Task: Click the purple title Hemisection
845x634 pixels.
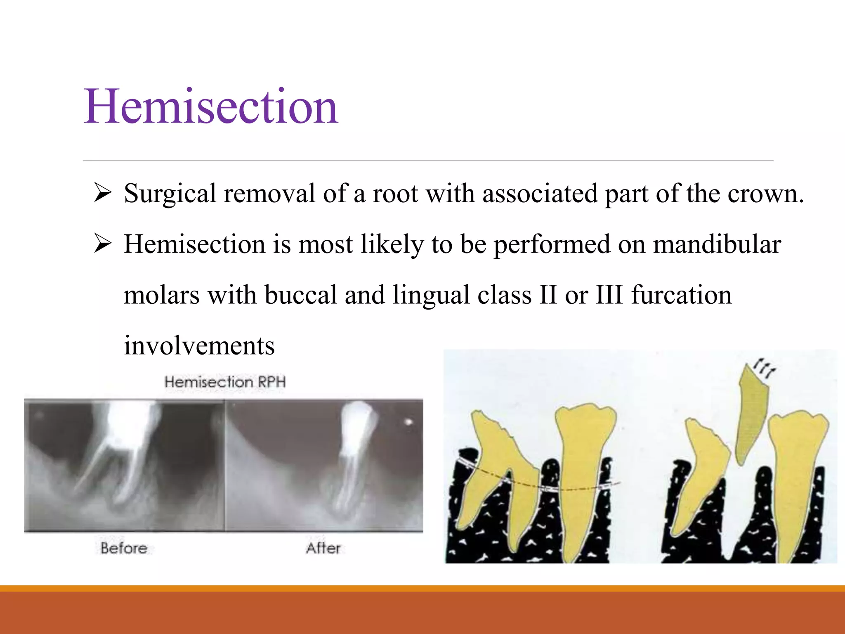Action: pyautogui.click(x=211, y=106)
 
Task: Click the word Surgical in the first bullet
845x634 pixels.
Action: pyautogui.click(x=170, y=194)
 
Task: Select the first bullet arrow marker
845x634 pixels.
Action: pyautogui.click(x=102, y=193)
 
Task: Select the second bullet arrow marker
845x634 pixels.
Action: pyautogui.click(x=102, y=244)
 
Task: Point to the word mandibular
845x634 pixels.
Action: pyautogui.click(x=717, y=244)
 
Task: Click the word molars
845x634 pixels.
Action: pyautogui.click(x=161, y=295)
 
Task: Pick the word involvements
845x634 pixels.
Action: pyautogui.click(x=199, y=346)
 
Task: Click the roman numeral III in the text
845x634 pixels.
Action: pyautogui.click(x=609, y=295)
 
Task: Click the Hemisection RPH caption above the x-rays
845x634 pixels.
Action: pyautogui.click(x=225, y=382)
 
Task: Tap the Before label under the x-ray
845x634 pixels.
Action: pyautogui.click(x=124, y=548)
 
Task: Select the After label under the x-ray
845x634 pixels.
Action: pyautogui.click(x=323, y=548)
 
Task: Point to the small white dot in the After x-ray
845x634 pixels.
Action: pyautogui.click(x=408, y=422)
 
